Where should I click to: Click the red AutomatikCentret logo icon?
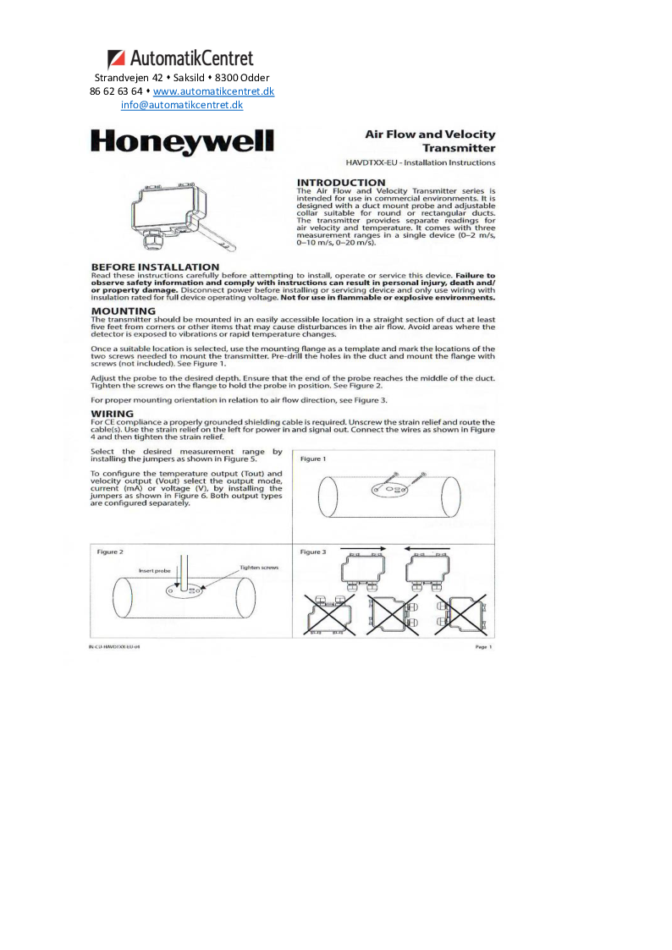118,59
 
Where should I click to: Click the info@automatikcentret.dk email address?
181,106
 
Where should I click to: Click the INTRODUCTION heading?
341,183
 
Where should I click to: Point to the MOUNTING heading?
123,310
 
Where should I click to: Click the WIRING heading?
113,414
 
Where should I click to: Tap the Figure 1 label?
312,459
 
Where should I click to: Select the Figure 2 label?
110,552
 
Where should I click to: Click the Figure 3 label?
312,552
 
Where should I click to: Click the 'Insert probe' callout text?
155,571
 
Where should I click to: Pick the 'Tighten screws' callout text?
259,568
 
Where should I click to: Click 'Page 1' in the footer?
483,646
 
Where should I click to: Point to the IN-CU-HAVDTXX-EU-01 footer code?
114,646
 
